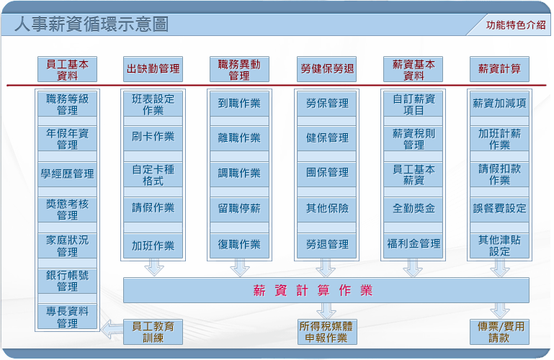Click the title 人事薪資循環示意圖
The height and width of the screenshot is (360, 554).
coord(91,24)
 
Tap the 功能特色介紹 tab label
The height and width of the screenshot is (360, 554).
coord(516,25)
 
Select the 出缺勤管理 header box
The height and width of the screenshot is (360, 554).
coord(153,69)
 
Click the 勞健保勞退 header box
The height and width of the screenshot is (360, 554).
coord(327,69)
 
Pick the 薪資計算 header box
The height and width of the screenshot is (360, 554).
coord(499,69)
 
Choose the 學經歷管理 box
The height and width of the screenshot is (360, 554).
coord(67,174)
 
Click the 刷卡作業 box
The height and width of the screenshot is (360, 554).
coord(153,136)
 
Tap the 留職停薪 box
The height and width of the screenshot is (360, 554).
coord(239,209)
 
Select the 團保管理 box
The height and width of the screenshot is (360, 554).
coord(327,173)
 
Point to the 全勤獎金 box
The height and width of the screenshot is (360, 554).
coord(414,209)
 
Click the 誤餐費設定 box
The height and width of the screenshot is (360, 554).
coord(499,209)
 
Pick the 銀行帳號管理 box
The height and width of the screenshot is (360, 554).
coord(67,281)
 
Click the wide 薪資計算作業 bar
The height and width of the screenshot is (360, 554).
coord(326,290)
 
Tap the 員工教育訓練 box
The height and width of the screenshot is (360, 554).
coord(153,332)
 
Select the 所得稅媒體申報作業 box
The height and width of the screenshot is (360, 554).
coord(327,332)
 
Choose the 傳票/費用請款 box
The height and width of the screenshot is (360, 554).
coord(499,332)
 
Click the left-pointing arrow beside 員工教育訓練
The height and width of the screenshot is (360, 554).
coord(112,329)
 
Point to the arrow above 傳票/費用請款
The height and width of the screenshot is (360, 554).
coord(500,310)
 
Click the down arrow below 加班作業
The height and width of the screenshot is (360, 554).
coord(154,267)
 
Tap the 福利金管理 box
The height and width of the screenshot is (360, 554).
coord(414,244)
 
